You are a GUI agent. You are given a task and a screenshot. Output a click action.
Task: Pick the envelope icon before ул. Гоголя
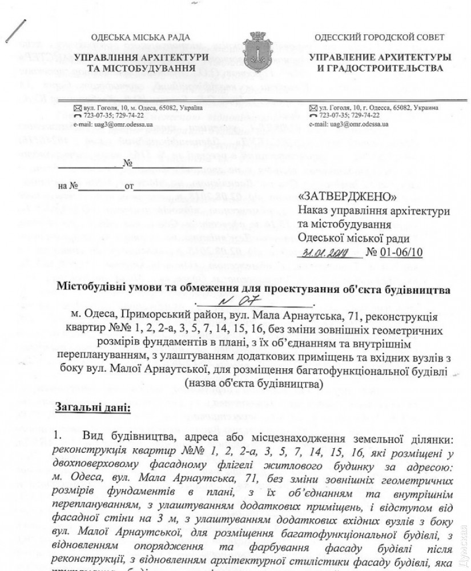pyautogui.click(x=313, y=108)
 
